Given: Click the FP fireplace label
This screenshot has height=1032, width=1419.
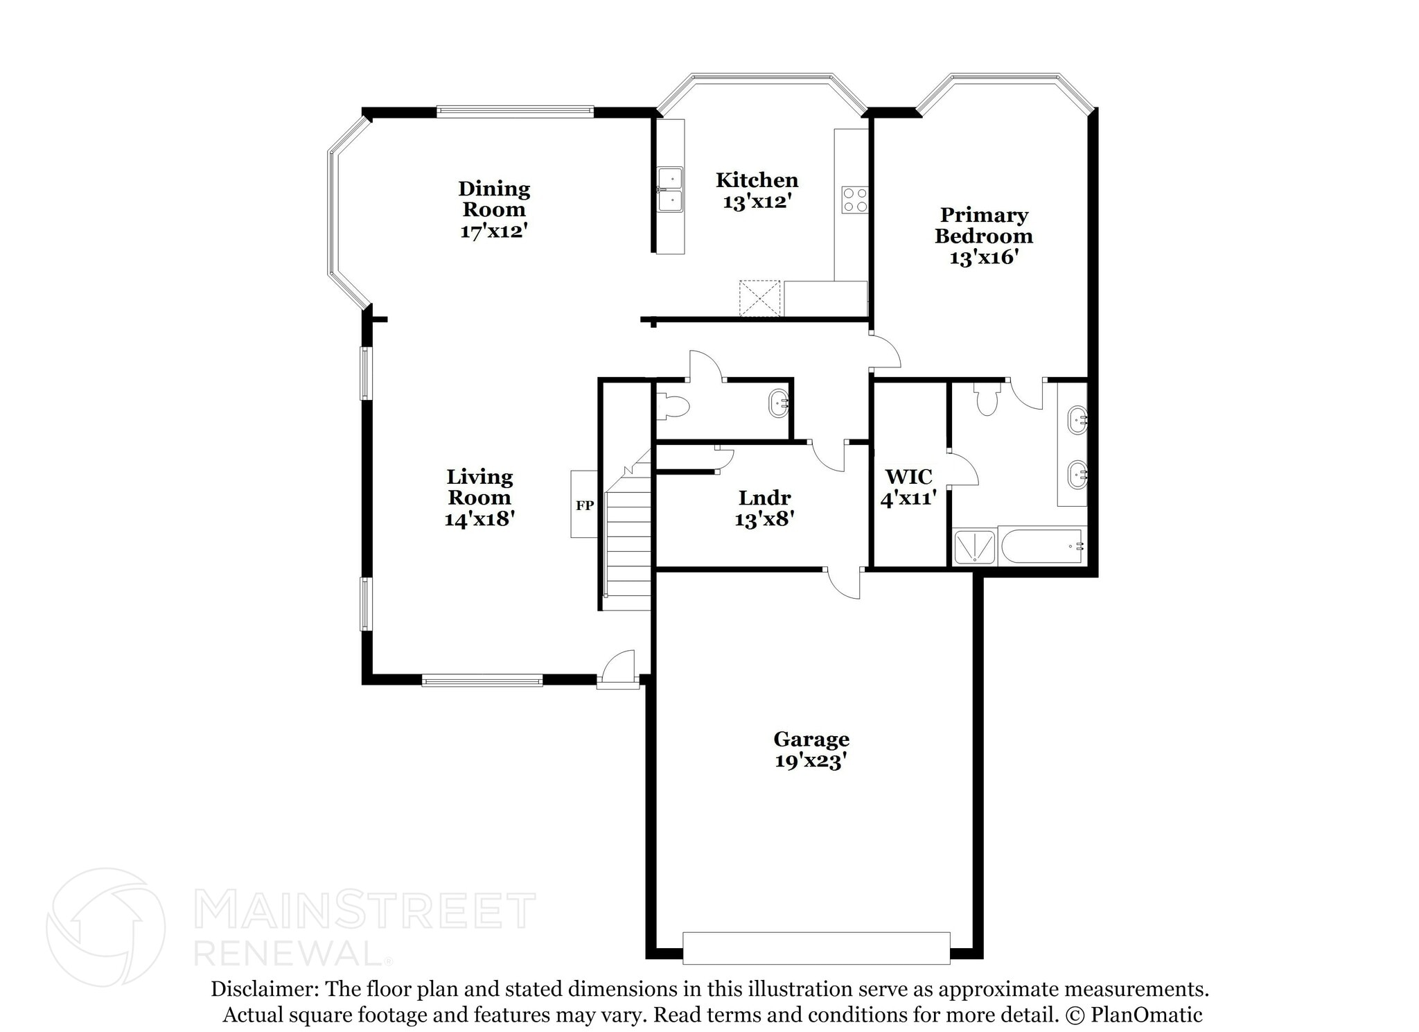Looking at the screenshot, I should pos(585,505).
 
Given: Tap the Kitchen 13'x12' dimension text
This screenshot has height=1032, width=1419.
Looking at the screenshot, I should pos(757,202).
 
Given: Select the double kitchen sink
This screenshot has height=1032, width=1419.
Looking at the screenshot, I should pos(670,189).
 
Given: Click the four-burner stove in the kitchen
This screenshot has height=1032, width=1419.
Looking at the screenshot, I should pos(855,200).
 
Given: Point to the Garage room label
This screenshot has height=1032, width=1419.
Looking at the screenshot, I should pos(811,739).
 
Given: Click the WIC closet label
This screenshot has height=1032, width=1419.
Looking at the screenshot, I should pos(908,477).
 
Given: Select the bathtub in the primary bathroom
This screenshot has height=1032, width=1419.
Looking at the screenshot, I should pos(1041,547).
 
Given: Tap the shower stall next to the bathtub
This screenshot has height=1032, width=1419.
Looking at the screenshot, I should pos(975,547).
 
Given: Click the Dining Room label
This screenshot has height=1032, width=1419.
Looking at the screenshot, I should pos(494,199).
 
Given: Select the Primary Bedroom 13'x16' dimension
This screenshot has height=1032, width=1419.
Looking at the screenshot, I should pos(983,258).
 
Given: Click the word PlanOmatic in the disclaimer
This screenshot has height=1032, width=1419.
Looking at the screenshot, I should pos(1146,1015).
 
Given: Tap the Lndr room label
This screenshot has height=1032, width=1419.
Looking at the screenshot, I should pos(764,498).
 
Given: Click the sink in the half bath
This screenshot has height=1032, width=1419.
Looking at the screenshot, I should pos(779,403).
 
